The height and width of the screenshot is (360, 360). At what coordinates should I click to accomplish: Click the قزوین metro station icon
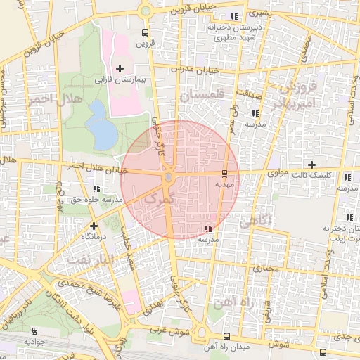point(145,32)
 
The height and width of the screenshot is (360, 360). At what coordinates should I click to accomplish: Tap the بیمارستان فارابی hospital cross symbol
point(120,68)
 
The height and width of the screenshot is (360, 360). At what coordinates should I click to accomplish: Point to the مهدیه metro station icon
point(224,173)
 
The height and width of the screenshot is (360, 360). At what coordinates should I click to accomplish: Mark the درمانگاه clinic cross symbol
point(94,226)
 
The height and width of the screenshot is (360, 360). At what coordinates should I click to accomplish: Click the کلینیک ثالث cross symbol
point(311,164)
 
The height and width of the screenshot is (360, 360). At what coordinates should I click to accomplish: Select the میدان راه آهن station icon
point(225,336)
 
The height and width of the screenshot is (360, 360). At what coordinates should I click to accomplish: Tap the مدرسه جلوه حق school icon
point(96,188)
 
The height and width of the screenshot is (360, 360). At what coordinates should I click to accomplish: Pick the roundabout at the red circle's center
point(169,179)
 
